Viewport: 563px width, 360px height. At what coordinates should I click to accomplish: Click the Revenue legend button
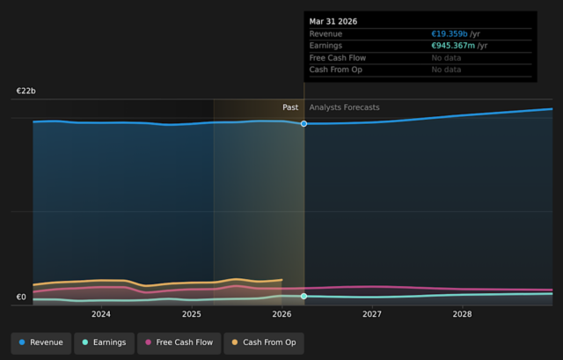point(41,342)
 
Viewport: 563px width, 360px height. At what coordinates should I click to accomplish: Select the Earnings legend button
point(104,342)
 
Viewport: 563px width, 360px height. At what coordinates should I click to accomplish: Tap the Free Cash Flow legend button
point(179,342)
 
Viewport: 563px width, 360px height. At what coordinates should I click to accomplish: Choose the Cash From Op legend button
point(264,342)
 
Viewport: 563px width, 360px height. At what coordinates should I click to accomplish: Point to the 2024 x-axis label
point(101,314)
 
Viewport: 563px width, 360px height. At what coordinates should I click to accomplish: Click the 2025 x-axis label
point(192,314)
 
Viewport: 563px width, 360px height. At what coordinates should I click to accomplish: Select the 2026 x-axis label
point(281,314)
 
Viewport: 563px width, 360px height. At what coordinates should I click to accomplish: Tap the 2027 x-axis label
point(372,314)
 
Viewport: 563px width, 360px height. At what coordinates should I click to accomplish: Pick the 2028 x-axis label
point(462,314)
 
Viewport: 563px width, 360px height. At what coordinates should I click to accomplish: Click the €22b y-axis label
point(26,91)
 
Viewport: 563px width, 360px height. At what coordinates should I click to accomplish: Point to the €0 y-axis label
point(21,298)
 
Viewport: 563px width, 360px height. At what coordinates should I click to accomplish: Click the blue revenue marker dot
point(303,123)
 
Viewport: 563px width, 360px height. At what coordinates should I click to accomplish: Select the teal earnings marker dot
point(303,296)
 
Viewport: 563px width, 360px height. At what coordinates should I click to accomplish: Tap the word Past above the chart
point(290,107)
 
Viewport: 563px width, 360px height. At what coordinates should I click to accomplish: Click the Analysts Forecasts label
point(344,107)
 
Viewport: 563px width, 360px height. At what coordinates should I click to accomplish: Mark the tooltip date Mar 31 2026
point(333,21)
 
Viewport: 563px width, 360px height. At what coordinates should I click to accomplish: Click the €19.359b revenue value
point(450,33)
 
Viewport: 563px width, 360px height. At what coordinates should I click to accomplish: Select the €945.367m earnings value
point(453,46)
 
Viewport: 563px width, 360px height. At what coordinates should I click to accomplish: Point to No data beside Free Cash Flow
point(446,58)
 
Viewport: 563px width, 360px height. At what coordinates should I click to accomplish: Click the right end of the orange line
point(281,280)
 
